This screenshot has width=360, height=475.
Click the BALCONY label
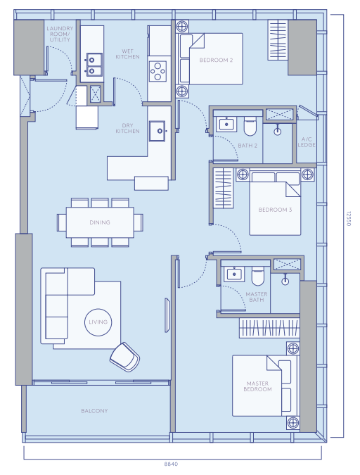pyautogui.click(x=94, y=411)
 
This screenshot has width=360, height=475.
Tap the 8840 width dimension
pyautogui.click(x=171, y=464)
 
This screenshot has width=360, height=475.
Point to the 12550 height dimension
pyautogui.click(x=348, y=219)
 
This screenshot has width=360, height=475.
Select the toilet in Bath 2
pyautogui.click(x=250, y=126)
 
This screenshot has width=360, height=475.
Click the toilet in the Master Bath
pyautogui.click(x=258, y=276)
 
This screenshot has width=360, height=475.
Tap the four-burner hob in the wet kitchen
pyautogui.click(x=157, y=71)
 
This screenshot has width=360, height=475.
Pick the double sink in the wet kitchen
pyautogui.click(x=94, y=65)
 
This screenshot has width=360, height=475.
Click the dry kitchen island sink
pyautogui.click(x=157, y=131)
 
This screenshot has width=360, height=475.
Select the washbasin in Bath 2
pyautogui.click(x=226, y=124)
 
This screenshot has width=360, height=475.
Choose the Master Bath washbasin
pyautogui.click(x=234, y=274)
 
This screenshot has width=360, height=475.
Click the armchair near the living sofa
pyautogui.click(x=124, y=357)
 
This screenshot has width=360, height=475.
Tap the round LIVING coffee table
pyautogui.click(x=98, y=322)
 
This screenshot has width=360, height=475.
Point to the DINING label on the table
pyautogui.click(x=100, y=222)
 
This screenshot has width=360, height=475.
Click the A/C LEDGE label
pyautogui.click(x=307, y=142)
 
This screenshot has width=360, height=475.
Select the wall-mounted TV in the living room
pyautogui.click(x=167, y=315)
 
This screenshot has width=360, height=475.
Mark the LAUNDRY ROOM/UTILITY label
pyautogui.click(x=60, y=34)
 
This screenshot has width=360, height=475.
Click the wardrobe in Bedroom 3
pyautogui.click(x=224, y=189)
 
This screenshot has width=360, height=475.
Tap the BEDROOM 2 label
pyautogui.click(x=216, y=60)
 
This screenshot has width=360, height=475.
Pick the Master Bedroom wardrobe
pyautogui.click(x=269, y=328)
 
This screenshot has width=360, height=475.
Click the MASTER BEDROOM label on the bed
pyautogui.click(x=257, y=386)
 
